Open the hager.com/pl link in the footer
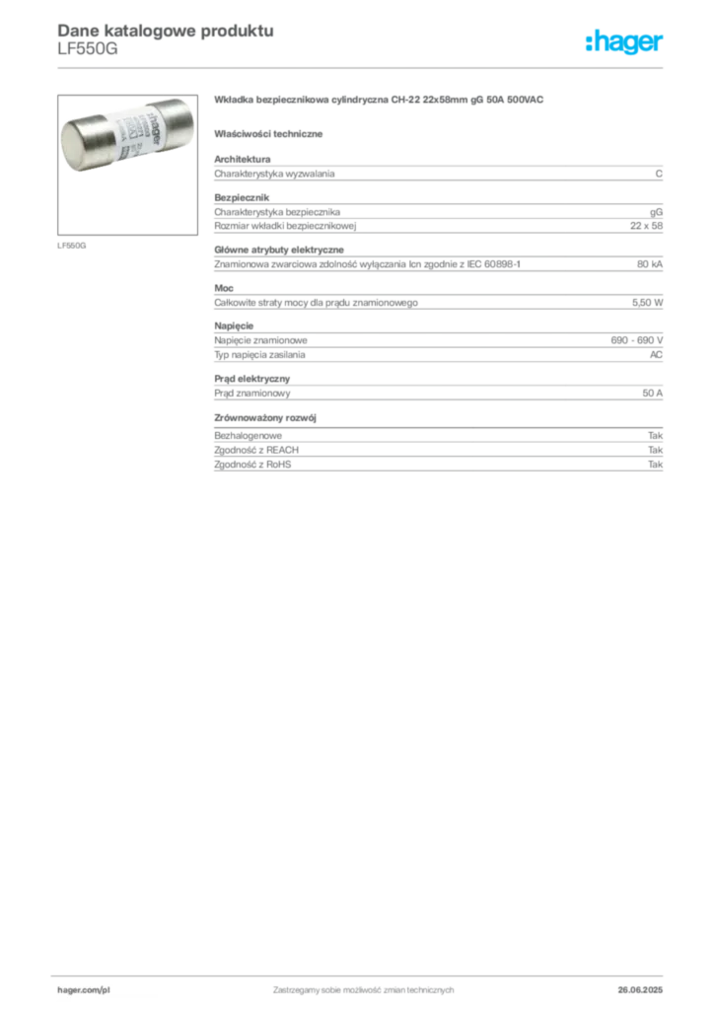82,988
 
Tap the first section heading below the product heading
272,132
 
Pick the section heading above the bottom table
269,418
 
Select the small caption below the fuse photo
70,242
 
